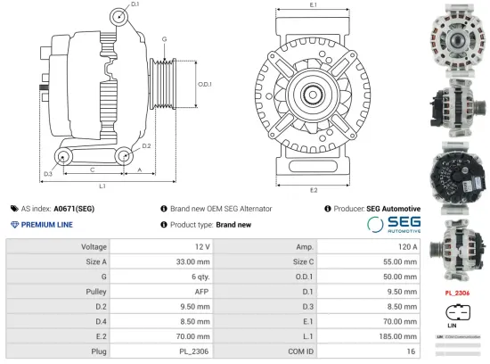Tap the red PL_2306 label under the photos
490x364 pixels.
point(456,292)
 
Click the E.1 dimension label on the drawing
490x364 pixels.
point(314,6)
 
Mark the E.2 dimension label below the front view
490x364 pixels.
point(314,190)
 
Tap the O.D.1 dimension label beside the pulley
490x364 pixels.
point(203,85)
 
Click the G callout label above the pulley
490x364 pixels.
point(164,39)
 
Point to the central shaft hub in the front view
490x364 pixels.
point(314,93)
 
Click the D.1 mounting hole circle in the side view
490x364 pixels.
point(120,17)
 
